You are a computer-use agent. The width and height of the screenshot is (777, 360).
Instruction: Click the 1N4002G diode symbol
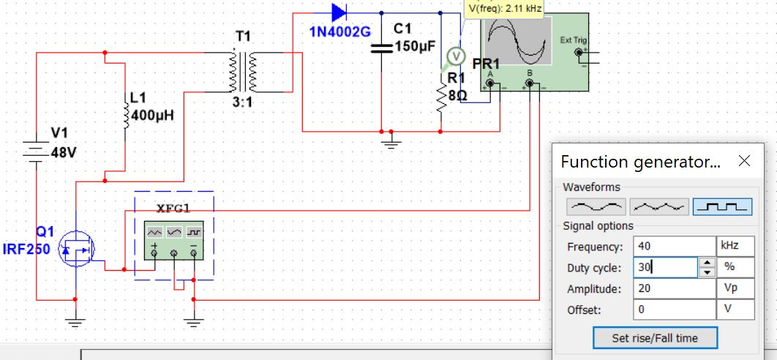tap(339, 12)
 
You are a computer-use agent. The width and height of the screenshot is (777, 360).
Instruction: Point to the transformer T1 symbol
tap(243, 72)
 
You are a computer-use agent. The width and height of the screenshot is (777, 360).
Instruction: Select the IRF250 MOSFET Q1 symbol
tap(75, 251)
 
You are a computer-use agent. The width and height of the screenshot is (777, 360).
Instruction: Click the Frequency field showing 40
tap(673, 246)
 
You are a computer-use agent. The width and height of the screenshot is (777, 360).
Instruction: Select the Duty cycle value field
tap(665, 268)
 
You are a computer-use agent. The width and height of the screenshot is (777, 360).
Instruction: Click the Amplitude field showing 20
tap(673, 289)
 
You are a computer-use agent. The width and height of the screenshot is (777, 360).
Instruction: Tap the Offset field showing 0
tap(673, 310)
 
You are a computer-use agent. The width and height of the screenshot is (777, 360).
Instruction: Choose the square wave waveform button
tap(722, 207)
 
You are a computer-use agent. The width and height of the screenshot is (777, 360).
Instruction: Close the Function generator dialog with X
tap(745, 162)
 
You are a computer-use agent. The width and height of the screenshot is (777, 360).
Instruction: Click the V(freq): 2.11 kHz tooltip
tap(505, 9)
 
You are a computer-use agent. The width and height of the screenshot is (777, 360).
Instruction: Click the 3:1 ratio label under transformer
tap(243, 102)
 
